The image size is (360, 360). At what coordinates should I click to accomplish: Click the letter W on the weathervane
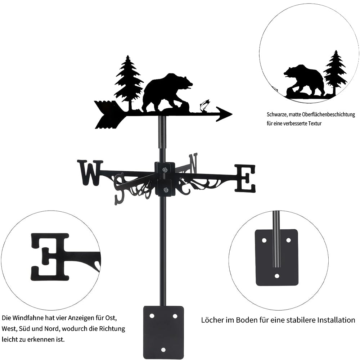click(x=90, y=173)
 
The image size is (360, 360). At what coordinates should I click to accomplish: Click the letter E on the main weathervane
click(x=245, y=178)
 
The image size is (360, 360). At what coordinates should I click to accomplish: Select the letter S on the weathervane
click(x=120, y=188)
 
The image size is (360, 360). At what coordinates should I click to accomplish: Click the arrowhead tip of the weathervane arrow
click(x=232, y=114)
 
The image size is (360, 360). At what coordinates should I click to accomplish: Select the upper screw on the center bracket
click(x=165, y=170)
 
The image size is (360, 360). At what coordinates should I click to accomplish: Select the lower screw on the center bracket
click(x=165, y=190)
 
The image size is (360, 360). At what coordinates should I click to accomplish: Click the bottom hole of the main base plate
click(x=163, y=350)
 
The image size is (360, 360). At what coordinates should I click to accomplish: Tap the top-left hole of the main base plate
click(x=152, y=316)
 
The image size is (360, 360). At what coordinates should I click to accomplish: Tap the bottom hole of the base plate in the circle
click(x=277, y=276)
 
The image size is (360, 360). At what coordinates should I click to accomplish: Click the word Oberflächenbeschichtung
click(x=329, y=114)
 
